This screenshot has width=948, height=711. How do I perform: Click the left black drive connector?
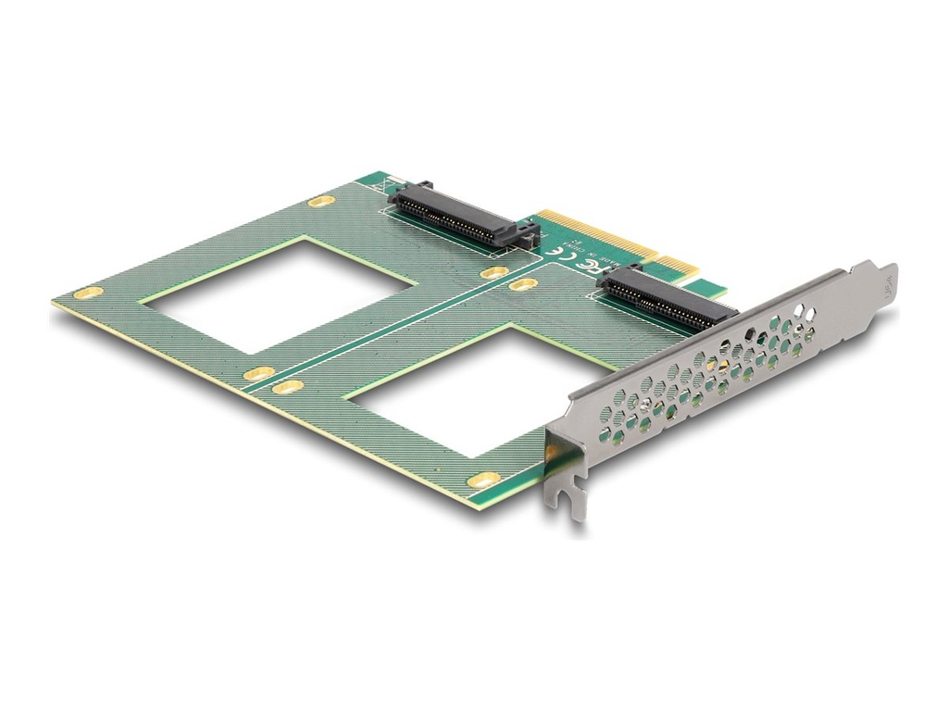point(454,214)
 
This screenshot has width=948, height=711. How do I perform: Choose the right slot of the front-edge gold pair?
point(288,387)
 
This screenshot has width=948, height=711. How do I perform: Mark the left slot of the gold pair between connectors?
point(494,272)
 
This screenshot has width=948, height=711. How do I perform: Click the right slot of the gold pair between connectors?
point(523,284)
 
